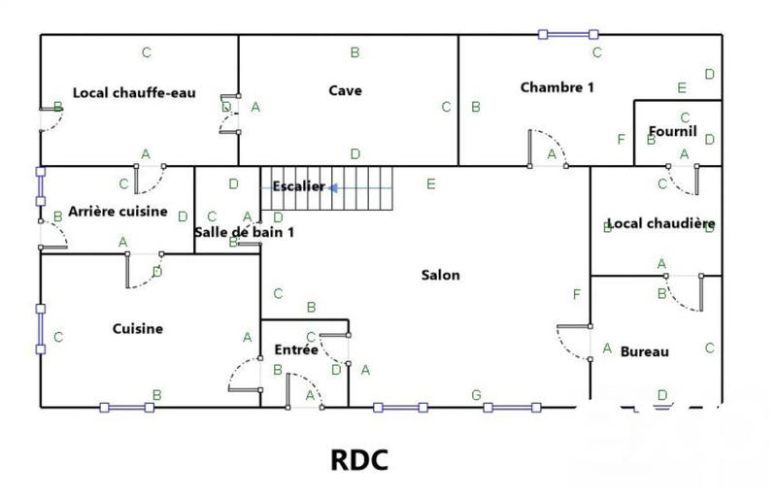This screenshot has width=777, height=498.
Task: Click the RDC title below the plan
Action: point(360,459)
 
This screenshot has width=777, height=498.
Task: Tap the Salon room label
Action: point(440,275)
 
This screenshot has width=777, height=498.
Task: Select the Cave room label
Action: point(345,90)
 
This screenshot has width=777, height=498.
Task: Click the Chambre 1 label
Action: point(557,86)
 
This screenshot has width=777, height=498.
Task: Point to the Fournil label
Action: point(674,131)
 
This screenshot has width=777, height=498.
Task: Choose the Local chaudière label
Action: point(660,223)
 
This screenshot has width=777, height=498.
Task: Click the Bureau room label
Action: point(645,351)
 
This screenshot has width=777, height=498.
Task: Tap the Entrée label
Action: point(295,349)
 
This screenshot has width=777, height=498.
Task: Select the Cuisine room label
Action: point(138,328)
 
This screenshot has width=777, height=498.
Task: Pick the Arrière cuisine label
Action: point(118,211)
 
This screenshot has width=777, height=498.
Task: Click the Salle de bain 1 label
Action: point(244,232)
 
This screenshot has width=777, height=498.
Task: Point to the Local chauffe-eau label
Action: point(135,93)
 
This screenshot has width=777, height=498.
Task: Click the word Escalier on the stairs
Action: point(298,186)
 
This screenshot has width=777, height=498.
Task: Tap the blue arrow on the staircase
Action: point(332,187)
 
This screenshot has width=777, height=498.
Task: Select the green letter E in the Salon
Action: point(431,183)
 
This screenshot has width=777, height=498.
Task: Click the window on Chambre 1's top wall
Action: point(568,35)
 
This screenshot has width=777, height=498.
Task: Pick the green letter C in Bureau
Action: point(709,348)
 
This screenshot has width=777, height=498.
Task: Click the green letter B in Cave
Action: point(355,52)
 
